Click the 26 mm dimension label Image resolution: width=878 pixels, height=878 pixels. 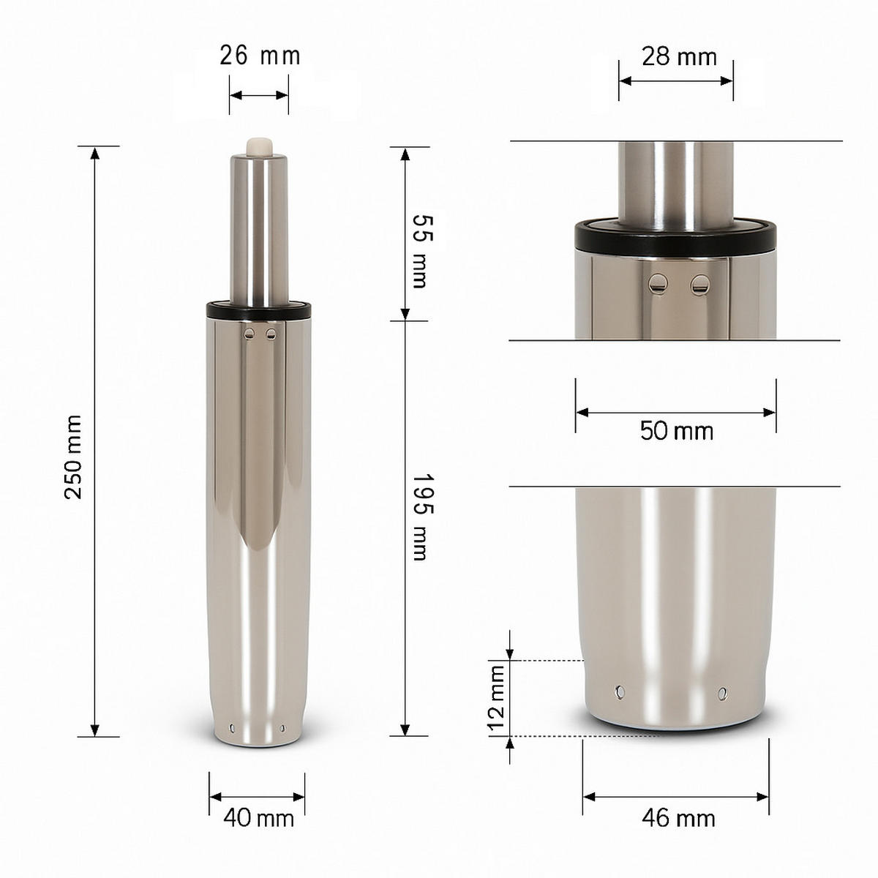point(260,56)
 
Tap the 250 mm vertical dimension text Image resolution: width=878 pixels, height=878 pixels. point(73,457)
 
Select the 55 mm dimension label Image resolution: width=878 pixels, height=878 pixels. point(419,251)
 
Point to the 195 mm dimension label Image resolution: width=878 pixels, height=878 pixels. point(419,517)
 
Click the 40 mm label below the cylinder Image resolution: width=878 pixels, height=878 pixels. point(258,817)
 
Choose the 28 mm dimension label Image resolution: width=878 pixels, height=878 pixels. point(679,56)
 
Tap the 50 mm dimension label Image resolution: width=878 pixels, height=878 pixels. point(676,431)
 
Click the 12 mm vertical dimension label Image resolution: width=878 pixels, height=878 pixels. point(498,699)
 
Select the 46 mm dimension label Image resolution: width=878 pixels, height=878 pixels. point(678,817)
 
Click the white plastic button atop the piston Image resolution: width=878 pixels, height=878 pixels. point(260,146)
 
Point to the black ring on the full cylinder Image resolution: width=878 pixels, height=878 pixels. point(260,310)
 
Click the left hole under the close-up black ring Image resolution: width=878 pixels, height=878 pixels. point(660,282)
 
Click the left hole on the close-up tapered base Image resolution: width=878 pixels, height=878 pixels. point(621,691)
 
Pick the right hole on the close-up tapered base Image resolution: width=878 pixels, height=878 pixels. point(724,692)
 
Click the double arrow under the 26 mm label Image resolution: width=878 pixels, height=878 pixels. point(258,95)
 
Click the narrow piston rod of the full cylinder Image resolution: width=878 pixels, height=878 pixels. point(260,227)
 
